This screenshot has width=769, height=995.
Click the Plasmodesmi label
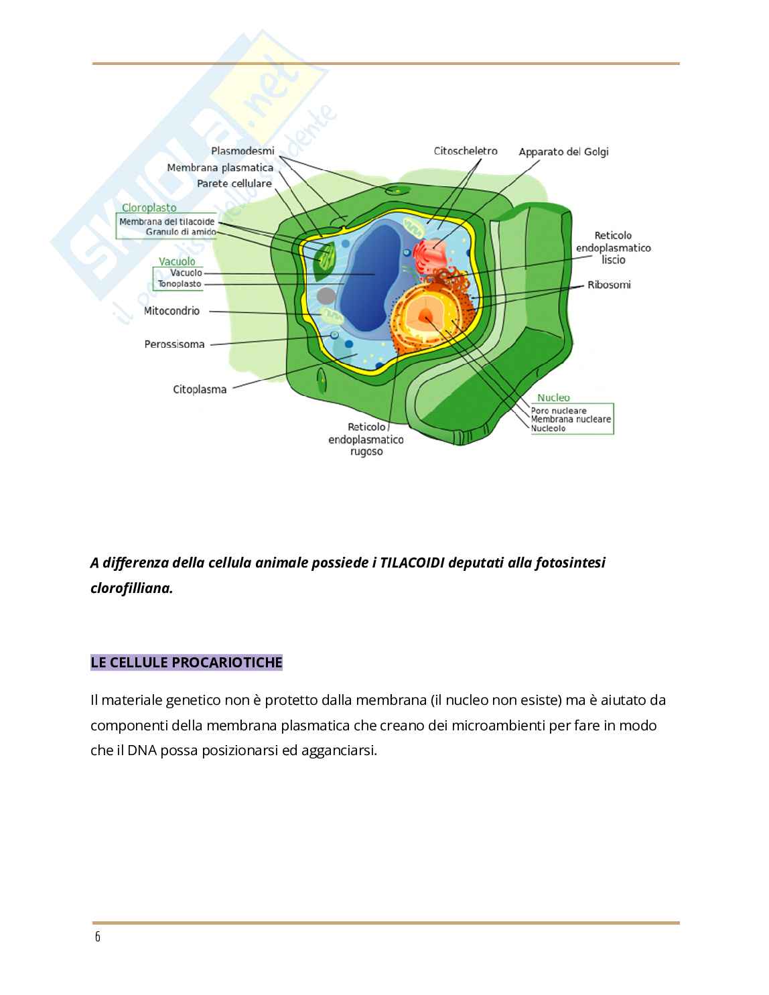[242, 151]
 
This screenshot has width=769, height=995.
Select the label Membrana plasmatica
[220, 168]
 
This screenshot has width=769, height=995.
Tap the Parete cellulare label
[234, 184]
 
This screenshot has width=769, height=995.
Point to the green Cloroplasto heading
[149, 208]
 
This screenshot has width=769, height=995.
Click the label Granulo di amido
[181, 232]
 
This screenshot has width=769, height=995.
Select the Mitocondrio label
[171, 311]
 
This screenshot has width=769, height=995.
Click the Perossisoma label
[174, 344]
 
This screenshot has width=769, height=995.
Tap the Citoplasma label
[200, 389]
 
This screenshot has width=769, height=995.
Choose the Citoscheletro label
[466, 151]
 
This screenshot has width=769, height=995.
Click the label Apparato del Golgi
[563, 152]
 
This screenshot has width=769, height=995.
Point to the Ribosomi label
[609, 285]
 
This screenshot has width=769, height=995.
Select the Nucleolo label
[548, 428]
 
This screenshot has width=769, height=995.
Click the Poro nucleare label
[558, 411]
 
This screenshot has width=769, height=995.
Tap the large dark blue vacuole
[367, 275]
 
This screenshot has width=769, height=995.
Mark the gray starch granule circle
[326, 295]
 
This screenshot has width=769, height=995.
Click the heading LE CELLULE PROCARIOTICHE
[186, 663]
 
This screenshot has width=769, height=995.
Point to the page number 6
[98, 937]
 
